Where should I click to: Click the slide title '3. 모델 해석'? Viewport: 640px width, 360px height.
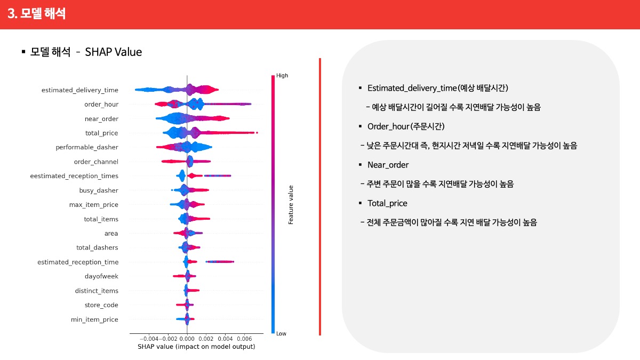point(37,13)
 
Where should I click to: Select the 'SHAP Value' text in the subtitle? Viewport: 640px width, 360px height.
point(114,52)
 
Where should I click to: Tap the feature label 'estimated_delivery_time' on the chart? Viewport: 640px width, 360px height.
point(79,90)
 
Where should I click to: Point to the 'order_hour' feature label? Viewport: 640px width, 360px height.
point(101,105)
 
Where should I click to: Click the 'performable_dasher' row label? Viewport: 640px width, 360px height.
point(87,147)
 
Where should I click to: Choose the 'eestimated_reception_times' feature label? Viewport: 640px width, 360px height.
point(74,176)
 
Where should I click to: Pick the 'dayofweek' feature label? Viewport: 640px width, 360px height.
point(101,276)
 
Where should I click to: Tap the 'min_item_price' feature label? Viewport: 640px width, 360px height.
point(94,319)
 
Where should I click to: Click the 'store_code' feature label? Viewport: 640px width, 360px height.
point(101,305)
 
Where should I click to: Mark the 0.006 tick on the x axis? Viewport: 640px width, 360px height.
point(245,339)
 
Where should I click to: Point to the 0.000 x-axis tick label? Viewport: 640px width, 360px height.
point(187,339)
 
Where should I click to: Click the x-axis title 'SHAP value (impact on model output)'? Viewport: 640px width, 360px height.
point(196,347)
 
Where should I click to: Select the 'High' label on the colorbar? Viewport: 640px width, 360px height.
point(282,75)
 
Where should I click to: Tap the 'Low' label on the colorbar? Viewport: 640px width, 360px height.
point(281,333)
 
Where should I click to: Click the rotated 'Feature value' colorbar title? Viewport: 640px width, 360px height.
point(291,205)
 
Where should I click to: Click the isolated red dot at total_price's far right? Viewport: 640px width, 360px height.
point(257,133)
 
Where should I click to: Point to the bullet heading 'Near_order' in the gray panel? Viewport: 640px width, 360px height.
point(388,165)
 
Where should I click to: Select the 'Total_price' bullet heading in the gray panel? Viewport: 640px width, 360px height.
point(387,203)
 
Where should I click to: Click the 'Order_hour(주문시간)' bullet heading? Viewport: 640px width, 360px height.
point(406,126)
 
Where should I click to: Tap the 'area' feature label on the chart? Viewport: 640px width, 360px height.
point(111,234)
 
